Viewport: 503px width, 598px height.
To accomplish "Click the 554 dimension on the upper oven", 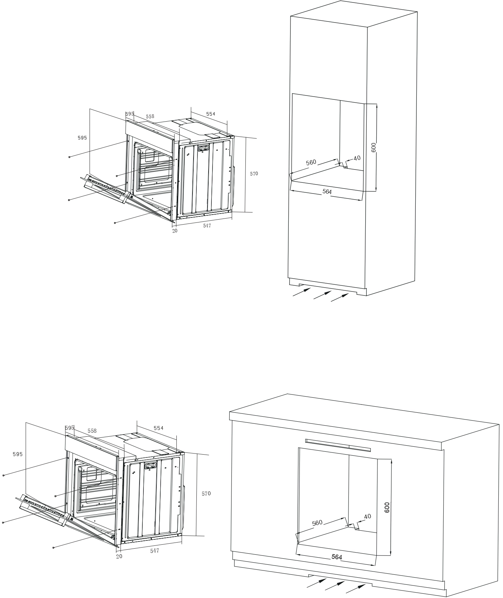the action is [211, 114].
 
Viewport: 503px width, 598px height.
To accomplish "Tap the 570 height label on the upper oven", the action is [254, 174].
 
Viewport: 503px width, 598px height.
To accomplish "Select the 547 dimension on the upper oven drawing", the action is [207, 226].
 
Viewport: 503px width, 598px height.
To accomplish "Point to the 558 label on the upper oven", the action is [150, 117].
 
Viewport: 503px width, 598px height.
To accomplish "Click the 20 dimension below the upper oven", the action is [175, 231].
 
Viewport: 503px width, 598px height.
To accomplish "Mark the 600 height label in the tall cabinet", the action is [373, 148].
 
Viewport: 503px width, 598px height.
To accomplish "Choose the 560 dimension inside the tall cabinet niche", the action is [311, 162].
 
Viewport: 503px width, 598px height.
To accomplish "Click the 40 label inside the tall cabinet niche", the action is [357, 158].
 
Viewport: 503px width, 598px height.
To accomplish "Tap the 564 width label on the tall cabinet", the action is [327, 192].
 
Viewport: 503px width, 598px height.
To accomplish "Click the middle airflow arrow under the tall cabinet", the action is [322, 295].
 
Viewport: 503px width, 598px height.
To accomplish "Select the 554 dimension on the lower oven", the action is [158, 428].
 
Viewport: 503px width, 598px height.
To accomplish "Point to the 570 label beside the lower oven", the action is [206, 494].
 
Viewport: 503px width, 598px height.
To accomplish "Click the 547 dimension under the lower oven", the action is [155, 551].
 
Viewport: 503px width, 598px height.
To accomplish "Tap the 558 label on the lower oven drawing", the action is [92, 431].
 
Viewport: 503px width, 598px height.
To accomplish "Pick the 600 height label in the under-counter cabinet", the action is [387, 508].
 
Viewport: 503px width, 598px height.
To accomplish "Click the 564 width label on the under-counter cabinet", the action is [337, 557].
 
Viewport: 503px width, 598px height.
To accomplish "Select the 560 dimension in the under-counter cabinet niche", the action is [317, 523].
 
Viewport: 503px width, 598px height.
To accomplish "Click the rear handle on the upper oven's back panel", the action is [204, 148].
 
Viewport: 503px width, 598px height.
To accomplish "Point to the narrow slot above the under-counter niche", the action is [338, 445].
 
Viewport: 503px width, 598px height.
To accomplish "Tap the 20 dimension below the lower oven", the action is [119, 557].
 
